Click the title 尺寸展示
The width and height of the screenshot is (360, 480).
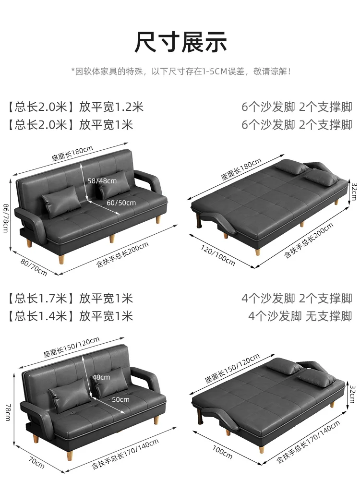pos(180,42)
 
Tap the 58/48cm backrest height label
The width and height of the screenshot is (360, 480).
pos(102,181)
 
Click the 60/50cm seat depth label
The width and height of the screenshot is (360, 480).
pos(121,203)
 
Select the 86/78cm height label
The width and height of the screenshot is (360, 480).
pos(6,218)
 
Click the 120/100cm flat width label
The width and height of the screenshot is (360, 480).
pos(218,255)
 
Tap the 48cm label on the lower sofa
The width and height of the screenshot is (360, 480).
pos(101,377)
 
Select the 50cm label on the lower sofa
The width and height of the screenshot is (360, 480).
pos(120,399)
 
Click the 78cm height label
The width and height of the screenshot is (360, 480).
pos(8,412)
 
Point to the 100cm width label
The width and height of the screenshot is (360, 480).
pos(222,452)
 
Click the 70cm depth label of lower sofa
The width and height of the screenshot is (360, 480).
pos(36,462)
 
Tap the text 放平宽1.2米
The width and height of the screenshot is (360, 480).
pos(111,107)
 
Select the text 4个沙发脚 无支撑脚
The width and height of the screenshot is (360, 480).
pos(300,316)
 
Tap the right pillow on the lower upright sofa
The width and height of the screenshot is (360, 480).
pos(111,382)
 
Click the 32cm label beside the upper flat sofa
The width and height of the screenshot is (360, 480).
pos(354,192)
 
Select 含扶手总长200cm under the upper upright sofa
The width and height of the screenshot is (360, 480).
pos(122,254)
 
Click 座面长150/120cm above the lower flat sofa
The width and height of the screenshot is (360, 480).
pos(232,368)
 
